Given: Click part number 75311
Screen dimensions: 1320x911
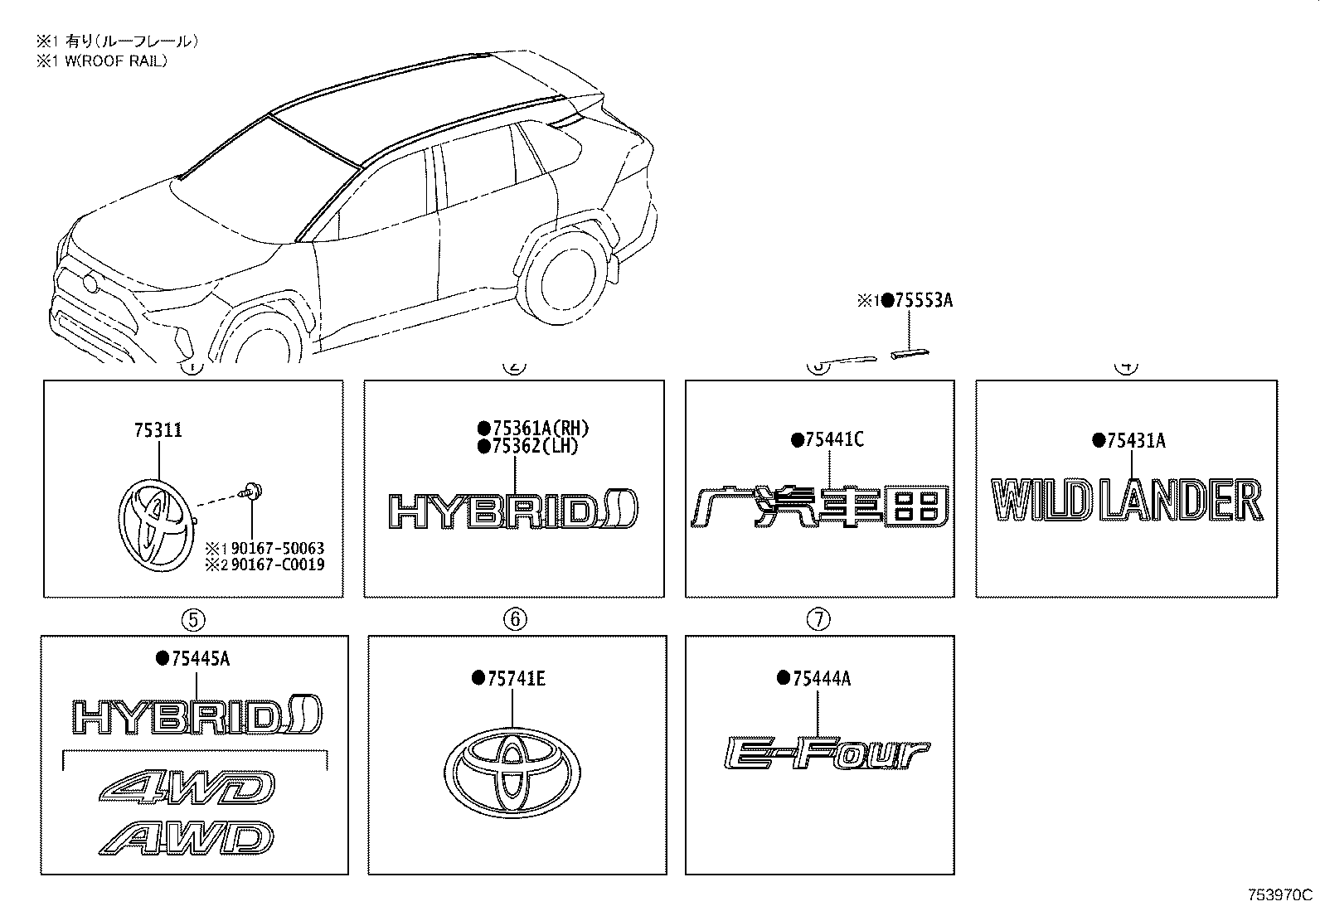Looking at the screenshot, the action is click(158, 430).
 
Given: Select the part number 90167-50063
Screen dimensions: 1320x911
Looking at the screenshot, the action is click(278, 548).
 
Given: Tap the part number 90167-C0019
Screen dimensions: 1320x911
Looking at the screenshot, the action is click(278, 565).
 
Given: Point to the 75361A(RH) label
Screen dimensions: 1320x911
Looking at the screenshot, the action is click(541, 429).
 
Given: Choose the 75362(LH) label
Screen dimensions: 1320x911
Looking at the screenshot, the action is click(535, 446).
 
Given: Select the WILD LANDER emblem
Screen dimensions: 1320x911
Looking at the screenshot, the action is click(1127, 501).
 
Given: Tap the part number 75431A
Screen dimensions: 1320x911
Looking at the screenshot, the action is click(1136, 440).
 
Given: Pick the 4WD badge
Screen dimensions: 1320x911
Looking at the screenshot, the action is click(187, 787).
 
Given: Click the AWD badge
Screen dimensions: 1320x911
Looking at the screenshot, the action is click(187, 837).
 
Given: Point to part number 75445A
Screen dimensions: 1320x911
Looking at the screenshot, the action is click(201, 658).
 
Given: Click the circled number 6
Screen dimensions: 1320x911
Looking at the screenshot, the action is click(515, 618).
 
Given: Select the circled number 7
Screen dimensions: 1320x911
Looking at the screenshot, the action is click(818, 618).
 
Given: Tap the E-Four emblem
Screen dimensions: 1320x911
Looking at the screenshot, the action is click(827, 754).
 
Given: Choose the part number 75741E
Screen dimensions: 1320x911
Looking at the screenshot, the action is click(517, 679).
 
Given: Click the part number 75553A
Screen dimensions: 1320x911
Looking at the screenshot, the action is click(924, 301).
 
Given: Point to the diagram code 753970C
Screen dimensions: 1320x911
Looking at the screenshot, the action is click(1280, 894).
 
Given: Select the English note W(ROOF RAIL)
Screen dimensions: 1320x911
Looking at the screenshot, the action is click(115, 61).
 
